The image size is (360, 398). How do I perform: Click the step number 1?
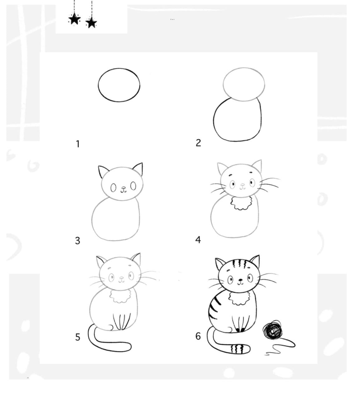[78, 144]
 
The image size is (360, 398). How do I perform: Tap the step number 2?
[198, 143]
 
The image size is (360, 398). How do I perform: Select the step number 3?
[77, 241]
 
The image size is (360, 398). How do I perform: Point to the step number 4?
[198, 240]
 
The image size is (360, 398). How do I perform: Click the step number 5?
[78, 337]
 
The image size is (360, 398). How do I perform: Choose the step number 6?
[198, 336]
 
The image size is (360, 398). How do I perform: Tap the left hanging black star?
[74, 19]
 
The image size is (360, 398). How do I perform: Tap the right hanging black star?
[91, 22]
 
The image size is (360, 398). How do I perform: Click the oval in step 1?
[119, 85]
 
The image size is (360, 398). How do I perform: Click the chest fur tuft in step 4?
[241, 203]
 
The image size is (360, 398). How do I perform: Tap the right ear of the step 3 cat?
[138, 170]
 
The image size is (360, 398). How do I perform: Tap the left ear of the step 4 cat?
[222, 169]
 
